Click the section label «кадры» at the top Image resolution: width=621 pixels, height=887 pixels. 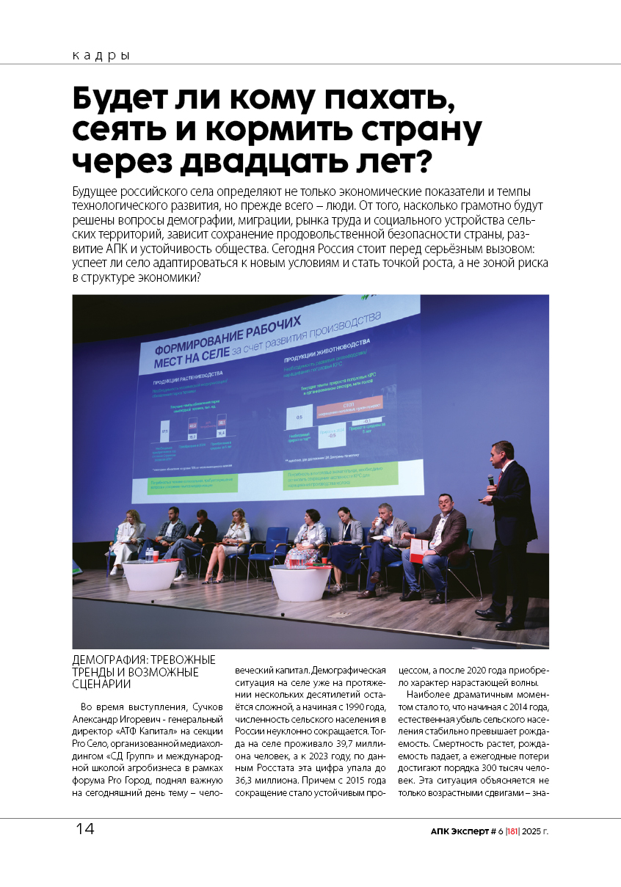(101, 56)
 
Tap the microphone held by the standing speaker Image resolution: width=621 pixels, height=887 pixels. (491, 479)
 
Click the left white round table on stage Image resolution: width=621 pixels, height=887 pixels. (151, 574)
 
